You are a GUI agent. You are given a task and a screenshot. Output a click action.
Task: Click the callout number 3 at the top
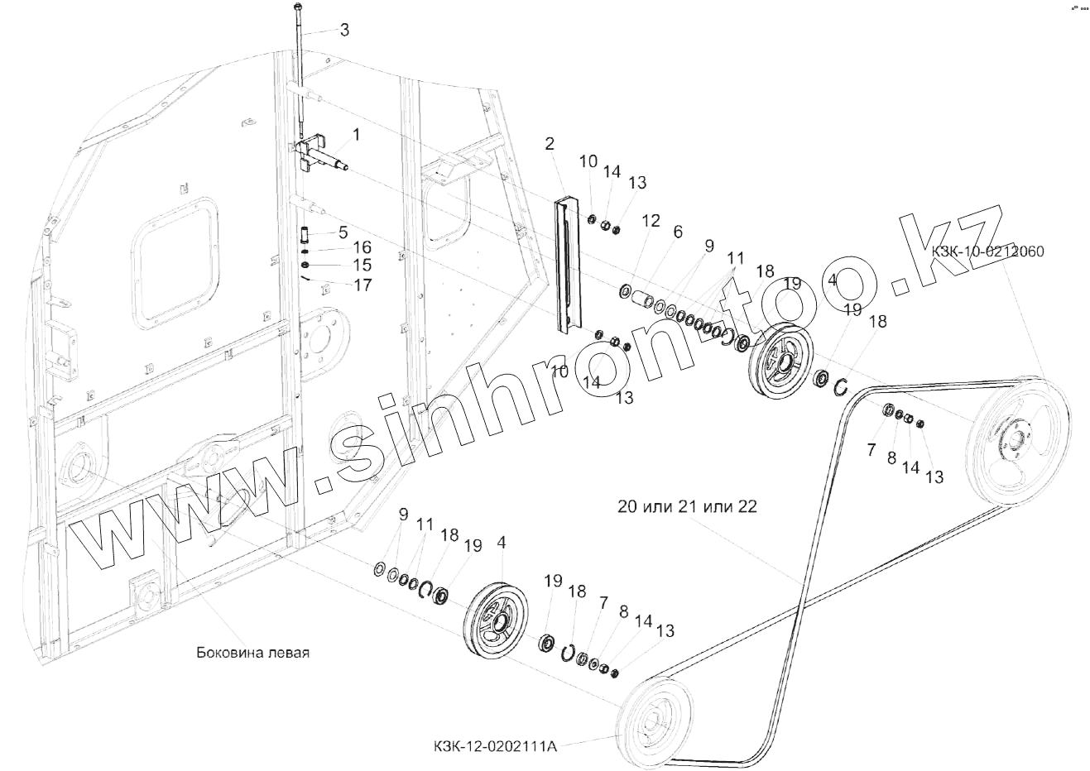coord(344,30)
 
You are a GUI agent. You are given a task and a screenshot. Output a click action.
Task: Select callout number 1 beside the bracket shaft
coord(356,134)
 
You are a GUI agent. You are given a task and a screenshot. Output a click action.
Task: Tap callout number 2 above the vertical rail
coord(549,144)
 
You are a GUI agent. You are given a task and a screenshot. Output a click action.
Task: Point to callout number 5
coord(343,232)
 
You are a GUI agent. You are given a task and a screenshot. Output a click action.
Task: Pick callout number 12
coord(651,220)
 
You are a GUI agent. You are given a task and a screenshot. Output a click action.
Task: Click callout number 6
coord(678,232)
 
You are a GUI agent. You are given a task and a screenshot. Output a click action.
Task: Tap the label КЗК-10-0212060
coord(987,251)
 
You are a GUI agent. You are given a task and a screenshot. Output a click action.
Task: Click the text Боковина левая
coord(252,652)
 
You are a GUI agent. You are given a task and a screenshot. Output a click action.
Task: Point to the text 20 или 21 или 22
coord(686,506)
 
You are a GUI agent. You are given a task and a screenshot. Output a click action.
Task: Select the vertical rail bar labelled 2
coord(569,265)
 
